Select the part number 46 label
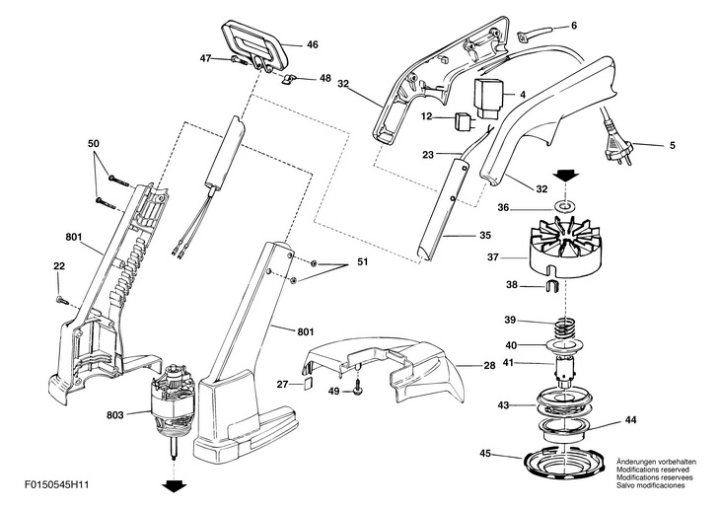point(312,44)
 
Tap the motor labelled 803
point(175,407)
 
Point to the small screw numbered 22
point(61,298)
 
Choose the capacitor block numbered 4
point(489,99)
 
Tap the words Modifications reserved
point(653,469)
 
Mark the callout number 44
point(630,419)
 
